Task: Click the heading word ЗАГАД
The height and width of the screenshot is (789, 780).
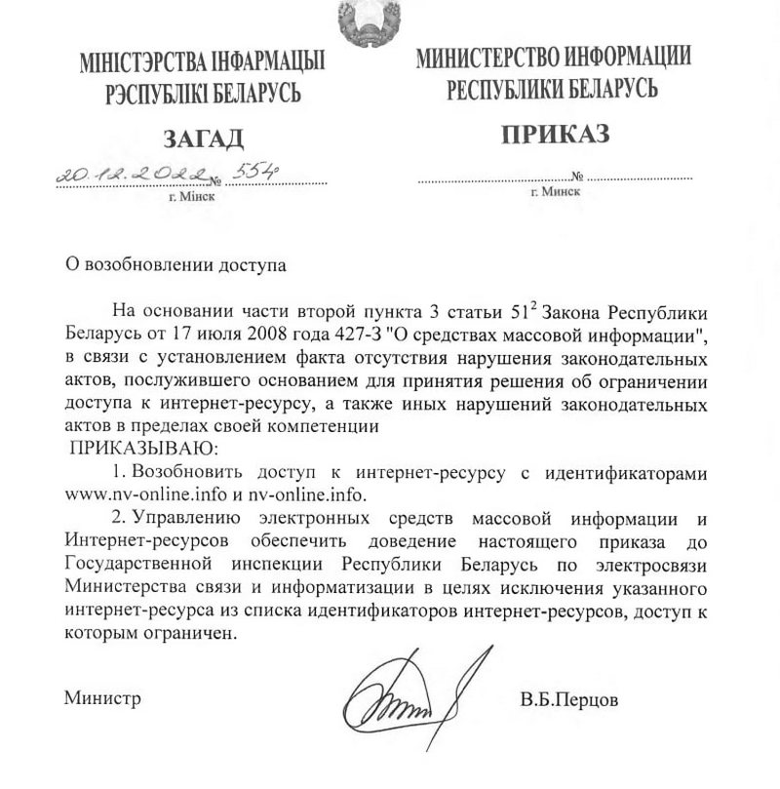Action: pos(203,138)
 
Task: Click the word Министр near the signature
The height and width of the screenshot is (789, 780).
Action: pos(102,698)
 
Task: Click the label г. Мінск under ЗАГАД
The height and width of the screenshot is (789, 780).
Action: pos(192,196)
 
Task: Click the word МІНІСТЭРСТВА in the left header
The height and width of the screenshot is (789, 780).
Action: pos(143,66)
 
